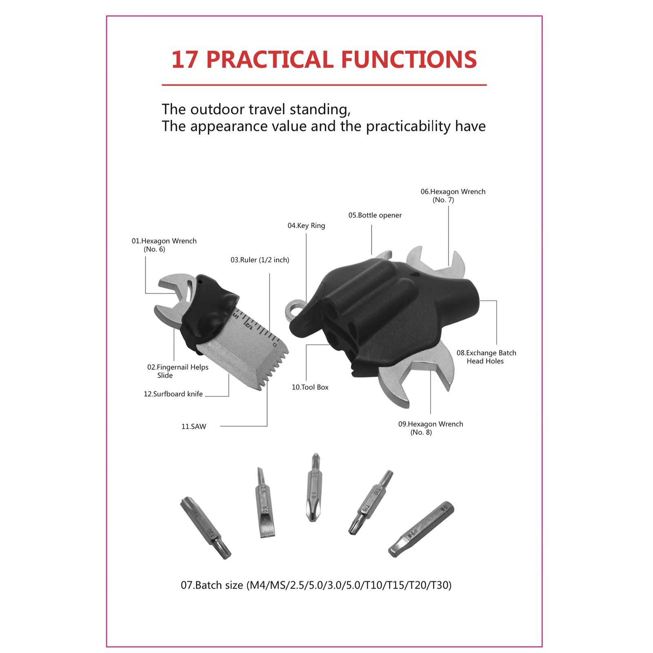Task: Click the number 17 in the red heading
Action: coord(185,60)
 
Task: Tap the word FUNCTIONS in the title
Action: coord(409,60)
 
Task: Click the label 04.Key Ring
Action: coord(306,226)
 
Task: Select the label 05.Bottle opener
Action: coord(375,215)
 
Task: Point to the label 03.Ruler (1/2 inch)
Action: coord(260,260)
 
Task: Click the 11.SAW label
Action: coord(194,426)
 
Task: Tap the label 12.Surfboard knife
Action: coord(173,394)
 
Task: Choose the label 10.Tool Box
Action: coord(310,387)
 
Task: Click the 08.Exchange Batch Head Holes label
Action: coord(486,357)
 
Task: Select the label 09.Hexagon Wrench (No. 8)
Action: coord(430,428)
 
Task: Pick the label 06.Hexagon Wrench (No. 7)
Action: coord(453,195)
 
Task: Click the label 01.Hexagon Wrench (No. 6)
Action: coord(164,245)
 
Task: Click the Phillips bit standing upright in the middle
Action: coord(313,488)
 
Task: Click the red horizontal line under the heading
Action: coord(324,85)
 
